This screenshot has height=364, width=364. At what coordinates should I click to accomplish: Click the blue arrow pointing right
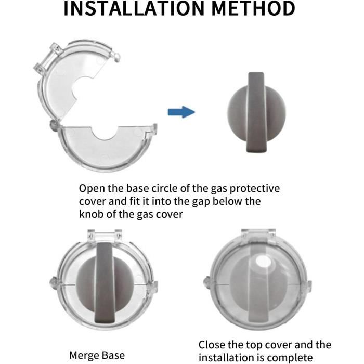click(181, 112)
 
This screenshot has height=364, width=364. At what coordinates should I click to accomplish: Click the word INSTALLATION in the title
click(134, 9)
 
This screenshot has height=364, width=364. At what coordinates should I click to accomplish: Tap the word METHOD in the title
click(253, 9)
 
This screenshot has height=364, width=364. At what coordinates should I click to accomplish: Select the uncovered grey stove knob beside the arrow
click(256, 113)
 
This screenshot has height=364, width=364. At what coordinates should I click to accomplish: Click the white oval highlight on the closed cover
click(264, 261)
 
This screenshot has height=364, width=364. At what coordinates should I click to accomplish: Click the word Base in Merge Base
click(113, 355)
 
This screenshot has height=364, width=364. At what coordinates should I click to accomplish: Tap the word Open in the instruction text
click(92, 189)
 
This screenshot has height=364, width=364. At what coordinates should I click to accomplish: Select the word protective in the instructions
click(255, 189)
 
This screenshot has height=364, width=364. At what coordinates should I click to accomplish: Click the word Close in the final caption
click(212, 345)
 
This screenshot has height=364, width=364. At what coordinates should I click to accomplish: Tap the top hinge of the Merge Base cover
click(105, 235)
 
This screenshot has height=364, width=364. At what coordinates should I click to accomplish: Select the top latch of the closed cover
click(258, 234)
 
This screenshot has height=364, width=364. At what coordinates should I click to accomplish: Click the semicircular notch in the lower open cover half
click(105, 133)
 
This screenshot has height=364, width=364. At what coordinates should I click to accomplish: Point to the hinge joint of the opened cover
click(55, 126)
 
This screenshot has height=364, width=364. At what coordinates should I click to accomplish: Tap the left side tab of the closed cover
click(207, 282)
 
